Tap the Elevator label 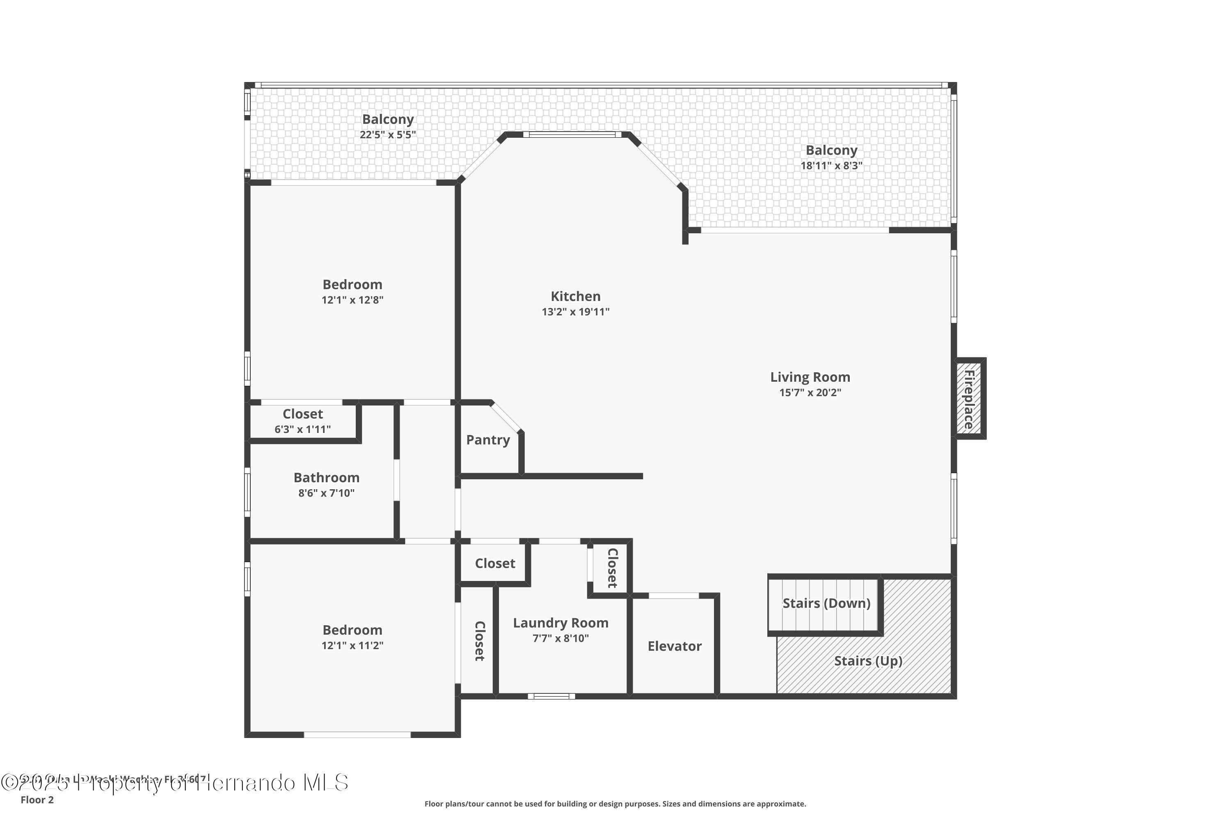click(674, 647)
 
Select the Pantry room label click(488, 440)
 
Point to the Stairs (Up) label click(868, 661)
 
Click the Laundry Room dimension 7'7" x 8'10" click(561, 638)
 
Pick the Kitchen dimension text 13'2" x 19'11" click(575, 312)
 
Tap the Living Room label click(810, 377)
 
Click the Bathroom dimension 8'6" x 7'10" click(326, 493)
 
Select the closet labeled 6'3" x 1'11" click(302, 421)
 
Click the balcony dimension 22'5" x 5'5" click(387, 135)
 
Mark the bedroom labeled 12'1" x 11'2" click(352, 637)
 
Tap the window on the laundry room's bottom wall click(551, 696)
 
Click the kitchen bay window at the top click(572, 135)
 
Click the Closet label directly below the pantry click(494, 564)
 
